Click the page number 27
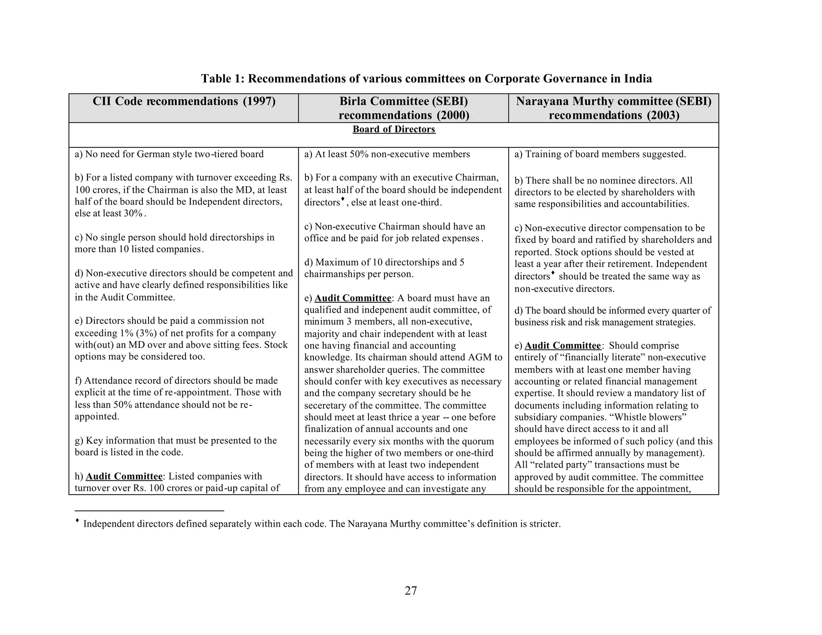pyautogui.click(x=411, y=590)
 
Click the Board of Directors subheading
pyautogui.click(x=394, y=129)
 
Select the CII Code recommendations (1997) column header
pyautogui.click(x=184, y=102)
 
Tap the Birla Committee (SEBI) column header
pyautogui.click(x=403, y=108)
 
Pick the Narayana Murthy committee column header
pyautogui.click(x=613, y=108)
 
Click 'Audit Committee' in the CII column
pyautogui.click(x=124, y=476)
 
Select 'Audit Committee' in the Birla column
pyautogui.click(x=353, y=298)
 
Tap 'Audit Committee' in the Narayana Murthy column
pyautogui.click(x=563, y=346)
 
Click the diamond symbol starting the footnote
pyautogui.click(x=77, y=521)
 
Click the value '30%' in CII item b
pyautogui.click(x=133, y=213)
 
